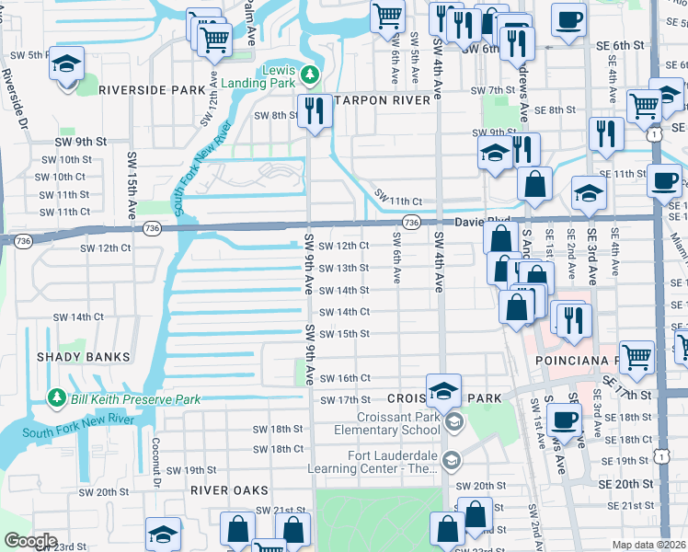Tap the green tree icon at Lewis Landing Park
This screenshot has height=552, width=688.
point(310,73)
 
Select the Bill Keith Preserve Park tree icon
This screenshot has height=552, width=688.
point(57,398)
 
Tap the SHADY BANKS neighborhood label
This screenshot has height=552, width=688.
point(83,356)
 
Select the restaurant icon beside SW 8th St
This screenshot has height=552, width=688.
point(315,111)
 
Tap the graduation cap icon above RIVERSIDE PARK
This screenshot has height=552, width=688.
point(65,67)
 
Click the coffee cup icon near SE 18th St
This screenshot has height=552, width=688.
point(564,419)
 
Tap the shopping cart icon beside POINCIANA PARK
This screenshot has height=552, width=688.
point(636,356)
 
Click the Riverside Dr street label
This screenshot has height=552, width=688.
point(14,101)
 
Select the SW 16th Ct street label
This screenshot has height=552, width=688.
point(345,378)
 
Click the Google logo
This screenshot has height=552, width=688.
point(29,541)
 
